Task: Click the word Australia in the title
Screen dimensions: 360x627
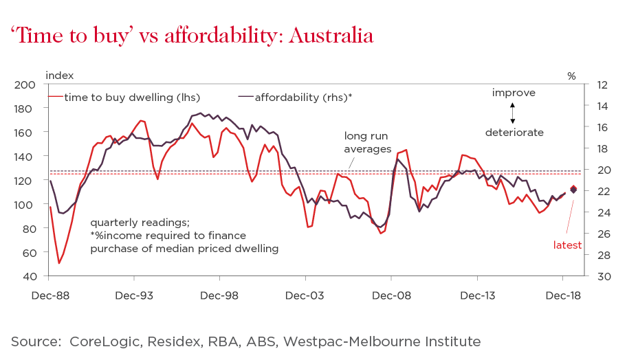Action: [x=331, y=36]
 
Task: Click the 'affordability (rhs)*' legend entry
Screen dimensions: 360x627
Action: [x=303, y=97]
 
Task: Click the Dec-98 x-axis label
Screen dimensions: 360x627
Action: [x=219, y=296]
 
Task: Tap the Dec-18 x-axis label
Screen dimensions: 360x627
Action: [x=563, y=296]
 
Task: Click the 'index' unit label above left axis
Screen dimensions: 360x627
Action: [x=59, y=75]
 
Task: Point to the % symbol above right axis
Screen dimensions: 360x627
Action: [x=571, y=76]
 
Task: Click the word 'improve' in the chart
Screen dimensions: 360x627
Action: [x=513, y=93]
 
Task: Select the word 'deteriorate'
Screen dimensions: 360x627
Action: [x=514, y=132]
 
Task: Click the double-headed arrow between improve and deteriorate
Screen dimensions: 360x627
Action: [x=513, y=112]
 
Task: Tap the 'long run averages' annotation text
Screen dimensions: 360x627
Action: [x=368, y=142]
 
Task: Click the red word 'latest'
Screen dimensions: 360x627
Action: [x=568, y=245]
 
